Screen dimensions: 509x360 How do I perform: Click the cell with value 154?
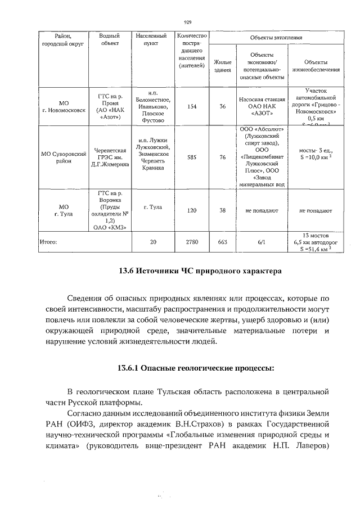[x=192, y=106]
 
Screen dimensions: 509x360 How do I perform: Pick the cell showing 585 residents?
[x=192, y=157]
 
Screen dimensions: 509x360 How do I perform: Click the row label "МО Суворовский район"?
[x=64, y=157]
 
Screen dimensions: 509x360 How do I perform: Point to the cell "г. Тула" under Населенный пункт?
[x=152, y=207]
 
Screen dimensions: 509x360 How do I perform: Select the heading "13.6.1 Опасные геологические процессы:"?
[x=196, y=368]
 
